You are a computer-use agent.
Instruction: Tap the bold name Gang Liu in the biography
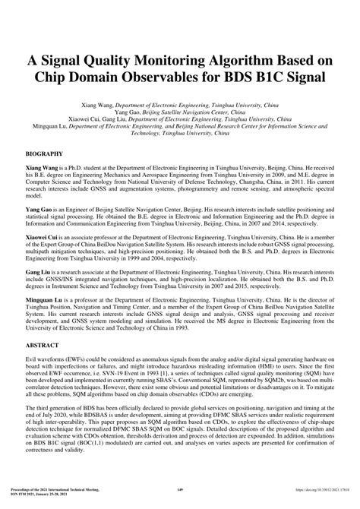click(x=40, y=272)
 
